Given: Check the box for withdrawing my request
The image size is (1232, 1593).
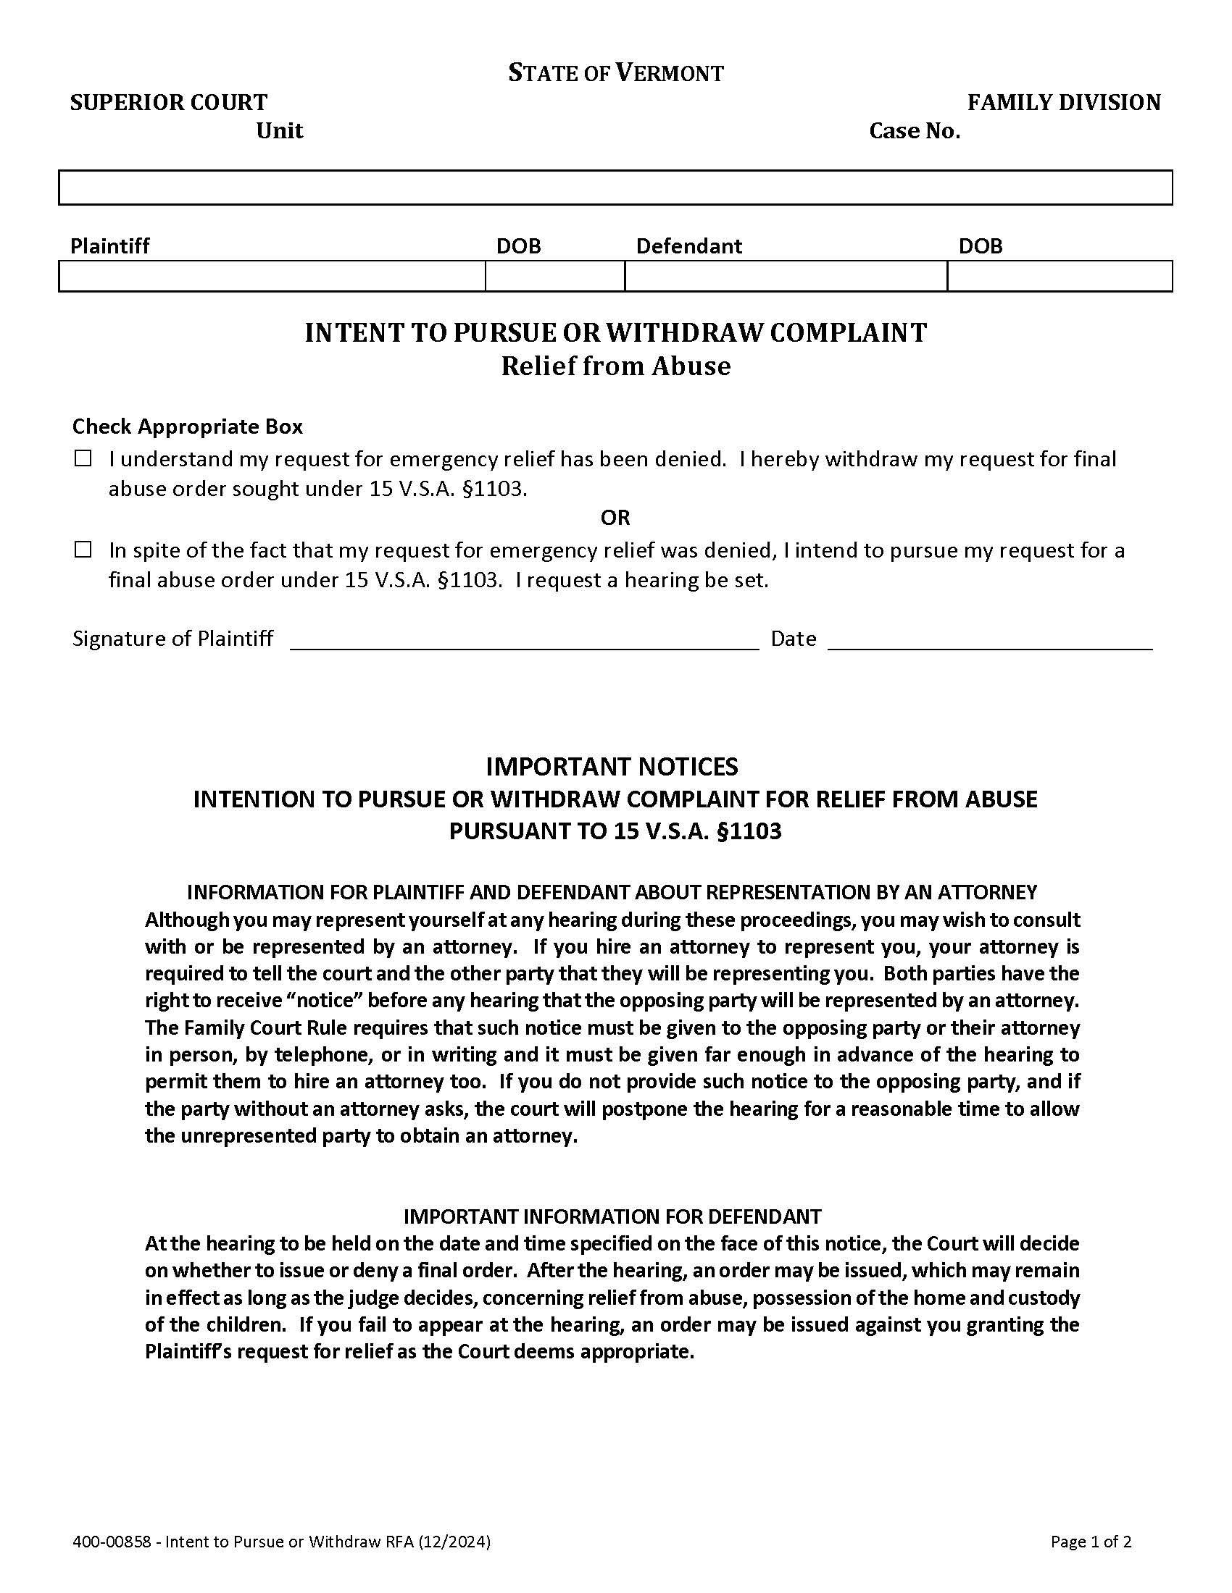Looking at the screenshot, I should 83,459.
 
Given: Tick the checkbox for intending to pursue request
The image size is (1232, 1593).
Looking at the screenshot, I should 83,550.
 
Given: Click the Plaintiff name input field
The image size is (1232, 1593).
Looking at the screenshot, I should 272,277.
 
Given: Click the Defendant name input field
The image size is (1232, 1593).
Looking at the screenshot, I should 786,277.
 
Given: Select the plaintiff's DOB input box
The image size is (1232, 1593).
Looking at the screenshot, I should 554,277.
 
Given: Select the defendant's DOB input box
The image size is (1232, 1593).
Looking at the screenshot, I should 1059,277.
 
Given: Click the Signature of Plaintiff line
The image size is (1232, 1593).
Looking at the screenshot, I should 524,639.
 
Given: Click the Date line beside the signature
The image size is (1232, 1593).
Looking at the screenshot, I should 990,639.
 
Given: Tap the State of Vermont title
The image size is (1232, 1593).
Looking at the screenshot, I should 615,73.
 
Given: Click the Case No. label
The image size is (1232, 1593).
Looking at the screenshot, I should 914,131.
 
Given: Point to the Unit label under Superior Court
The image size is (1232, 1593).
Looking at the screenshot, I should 279,131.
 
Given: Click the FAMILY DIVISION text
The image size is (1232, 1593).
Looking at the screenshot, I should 1063,103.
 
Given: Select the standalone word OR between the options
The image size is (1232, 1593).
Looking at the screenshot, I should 615,518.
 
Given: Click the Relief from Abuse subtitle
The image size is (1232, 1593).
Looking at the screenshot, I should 615,366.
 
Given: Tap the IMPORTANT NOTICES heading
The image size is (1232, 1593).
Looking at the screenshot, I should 612,767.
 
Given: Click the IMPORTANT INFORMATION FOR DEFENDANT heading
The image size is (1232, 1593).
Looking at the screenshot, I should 612,1216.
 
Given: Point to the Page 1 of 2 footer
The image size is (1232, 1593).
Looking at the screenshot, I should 1091,1541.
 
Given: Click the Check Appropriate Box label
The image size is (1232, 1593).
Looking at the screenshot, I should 187,426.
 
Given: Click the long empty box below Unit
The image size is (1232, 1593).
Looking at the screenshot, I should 615,188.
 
